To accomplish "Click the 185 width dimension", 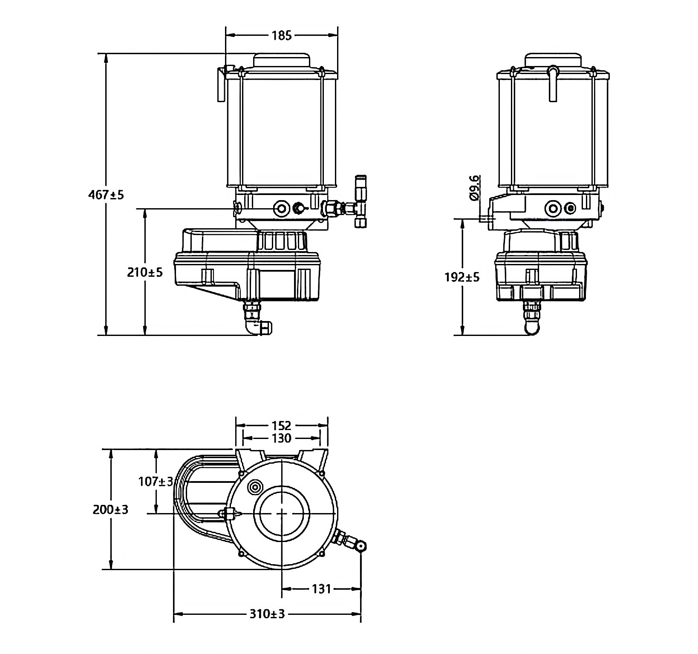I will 281,36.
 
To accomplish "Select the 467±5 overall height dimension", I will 106,195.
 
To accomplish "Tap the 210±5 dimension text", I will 145,272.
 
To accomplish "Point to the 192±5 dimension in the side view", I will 462,278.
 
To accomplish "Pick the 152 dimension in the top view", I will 281,425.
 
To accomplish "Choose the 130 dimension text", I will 281,438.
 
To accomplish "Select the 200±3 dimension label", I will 110,509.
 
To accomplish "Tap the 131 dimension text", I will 321,589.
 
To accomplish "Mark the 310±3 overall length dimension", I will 267,614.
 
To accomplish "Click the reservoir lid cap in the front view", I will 281,60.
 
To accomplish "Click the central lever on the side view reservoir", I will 553,83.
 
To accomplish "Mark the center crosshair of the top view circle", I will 282,513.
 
